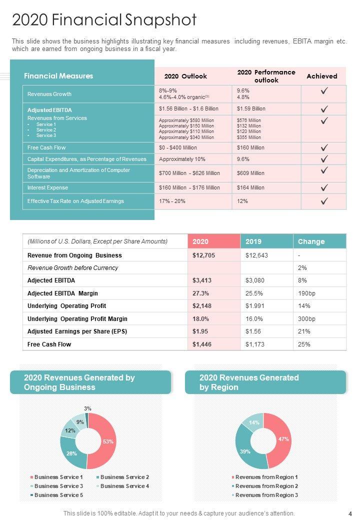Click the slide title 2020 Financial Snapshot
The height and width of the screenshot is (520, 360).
tap(104, 20)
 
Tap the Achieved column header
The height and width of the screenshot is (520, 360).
tap(321, 76)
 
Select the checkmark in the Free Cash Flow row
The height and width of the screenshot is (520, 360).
tap(324, 147)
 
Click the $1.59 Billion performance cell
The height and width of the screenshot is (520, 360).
tap(251, 108)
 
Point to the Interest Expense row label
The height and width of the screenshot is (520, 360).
tap(47, 187)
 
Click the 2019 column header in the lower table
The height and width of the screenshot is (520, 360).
tap(253, 241)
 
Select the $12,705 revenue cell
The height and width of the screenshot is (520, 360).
tap(203, 255)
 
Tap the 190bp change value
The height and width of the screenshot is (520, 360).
tap(306, 293)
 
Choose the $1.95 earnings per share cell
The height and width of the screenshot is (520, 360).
tap(200, 331)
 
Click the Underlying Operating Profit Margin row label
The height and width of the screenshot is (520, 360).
tap(77, 318)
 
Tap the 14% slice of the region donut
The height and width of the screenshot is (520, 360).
tap(253, 422)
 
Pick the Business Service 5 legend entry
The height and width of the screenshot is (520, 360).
tap(58, 495)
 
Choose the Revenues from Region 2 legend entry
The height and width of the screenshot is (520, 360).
tap(266, 486)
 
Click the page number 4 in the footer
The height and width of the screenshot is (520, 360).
tap(350, 513)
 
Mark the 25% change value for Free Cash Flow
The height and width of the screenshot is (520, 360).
tap(304, 344)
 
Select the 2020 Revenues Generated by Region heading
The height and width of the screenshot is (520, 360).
tap(248, 382)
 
